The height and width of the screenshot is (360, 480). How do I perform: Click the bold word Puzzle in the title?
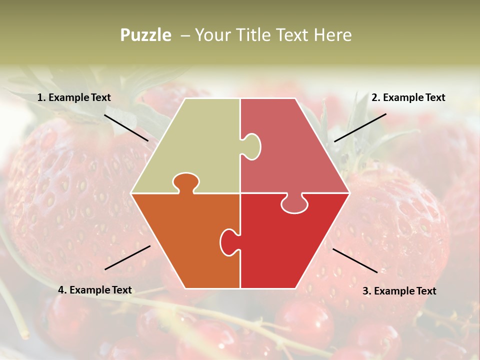[145, 35]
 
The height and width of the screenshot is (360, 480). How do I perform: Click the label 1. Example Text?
[74, 97]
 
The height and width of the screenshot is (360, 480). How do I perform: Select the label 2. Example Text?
[408, 97]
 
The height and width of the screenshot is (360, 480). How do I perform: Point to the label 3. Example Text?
[399, 291]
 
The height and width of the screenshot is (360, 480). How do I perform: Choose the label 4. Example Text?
[95, 290]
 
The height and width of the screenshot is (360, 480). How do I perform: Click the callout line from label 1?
[126, 127]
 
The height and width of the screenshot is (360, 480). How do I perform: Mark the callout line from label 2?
[360, 127]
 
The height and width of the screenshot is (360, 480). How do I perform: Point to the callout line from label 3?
[355, 260]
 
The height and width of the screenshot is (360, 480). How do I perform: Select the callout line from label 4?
[127, 257]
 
